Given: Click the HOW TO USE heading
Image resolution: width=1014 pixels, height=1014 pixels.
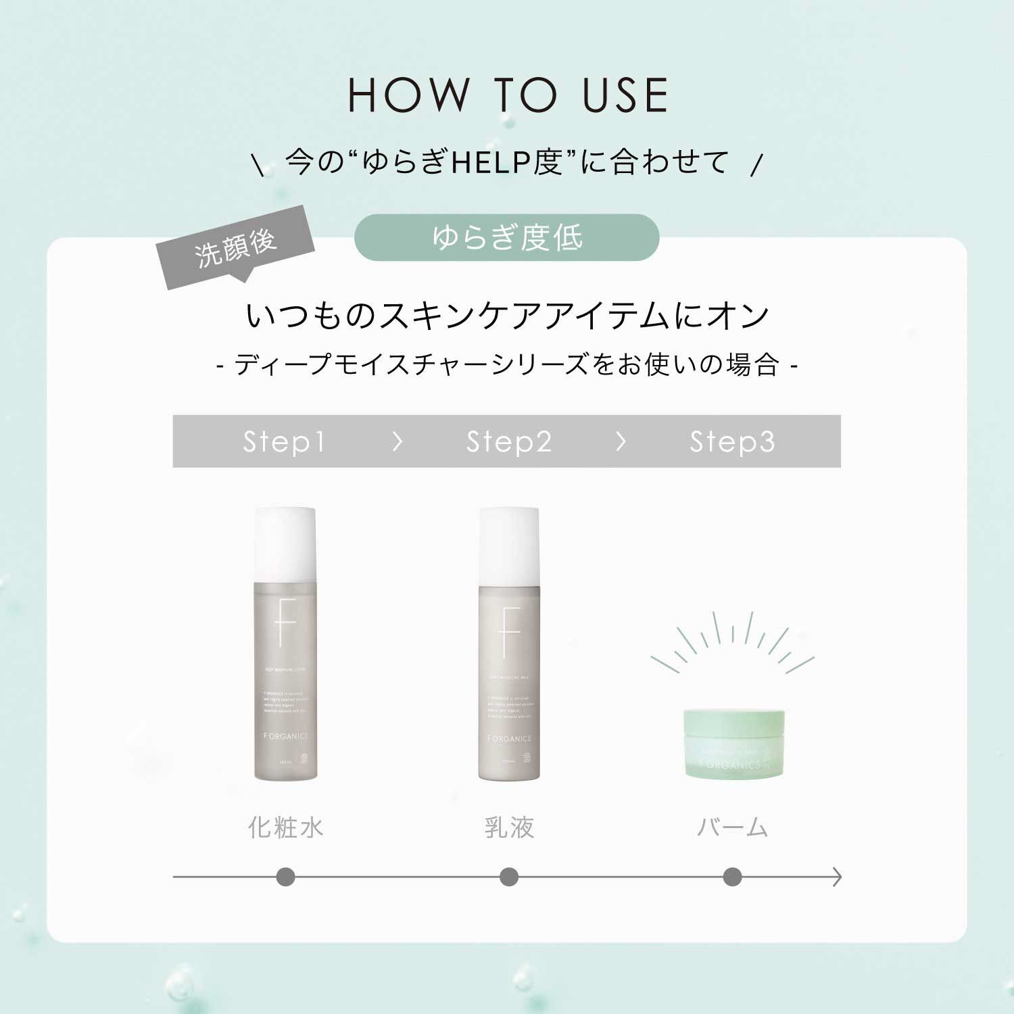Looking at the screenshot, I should (x=508, y=95).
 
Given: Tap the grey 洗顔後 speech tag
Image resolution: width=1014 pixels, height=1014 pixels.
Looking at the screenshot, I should (x=236, y=247).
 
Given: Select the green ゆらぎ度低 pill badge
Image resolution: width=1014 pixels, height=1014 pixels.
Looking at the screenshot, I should (x=507, y=237).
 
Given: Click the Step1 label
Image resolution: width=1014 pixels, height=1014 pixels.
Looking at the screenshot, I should (x=285, y=442).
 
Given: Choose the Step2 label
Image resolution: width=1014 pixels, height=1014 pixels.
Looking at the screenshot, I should (x=509, y=442).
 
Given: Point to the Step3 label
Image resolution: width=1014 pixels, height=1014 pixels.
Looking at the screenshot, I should (x=732, y=442).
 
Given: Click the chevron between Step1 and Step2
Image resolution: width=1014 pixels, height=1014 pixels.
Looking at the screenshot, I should (x=397, y=442).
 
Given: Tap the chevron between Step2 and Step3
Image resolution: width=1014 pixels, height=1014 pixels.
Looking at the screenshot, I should (x=621, y=442).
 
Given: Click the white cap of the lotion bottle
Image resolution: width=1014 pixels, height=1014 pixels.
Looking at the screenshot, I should (x=285, y=544).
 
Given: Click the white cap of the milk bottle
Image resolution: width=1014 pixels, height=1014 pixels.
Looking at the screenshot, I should (x=509, y=545).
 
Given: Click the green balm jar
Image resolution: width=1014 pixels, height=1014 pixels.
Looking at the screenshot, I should (x=733, y=743).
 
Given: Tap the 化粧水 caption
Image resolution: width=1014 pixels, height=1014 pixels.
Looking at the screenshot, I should (x=285, y=827).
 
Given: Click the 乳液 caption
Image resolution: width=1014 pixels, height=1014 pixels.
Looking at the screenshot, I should (x=509, y=827).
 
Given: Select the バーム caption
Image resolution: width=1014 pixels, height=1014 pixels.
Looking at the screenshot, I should (x=733, y=827).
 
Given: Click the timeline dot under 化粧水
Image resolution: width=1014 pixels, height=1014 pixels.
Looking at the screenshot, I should (x=285, y=877).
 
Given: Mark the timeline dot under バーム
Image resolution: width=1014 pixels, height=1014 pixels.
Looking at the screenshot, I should (x=732, y=877).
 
